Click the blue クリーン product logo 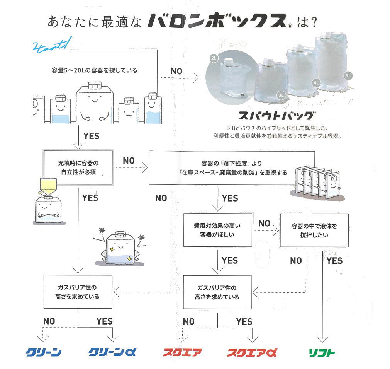point(44,352)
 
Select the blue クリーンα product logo point(112,352)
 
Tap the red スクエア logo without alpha point(182,352)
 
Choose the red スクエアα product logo point(252,352)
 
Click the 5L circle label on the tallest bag point(348,75)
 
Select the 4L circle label point(316,83)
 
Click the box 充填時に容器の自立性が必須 point(78,169)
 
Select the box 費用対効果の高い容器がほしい point(217,230)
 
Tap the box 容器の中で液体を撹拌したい point(314,230)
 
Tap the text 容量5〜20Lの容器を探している point(94,71)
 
